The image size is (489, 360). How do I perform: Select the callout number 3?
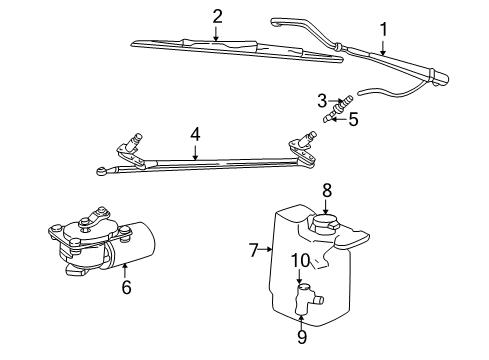point(323,99)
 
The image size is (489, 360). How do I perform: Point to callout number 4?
point(196,132)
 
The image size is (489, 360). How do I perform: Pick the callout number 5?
point(353,120)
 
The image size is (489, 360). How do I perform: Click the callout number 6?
point(126,286)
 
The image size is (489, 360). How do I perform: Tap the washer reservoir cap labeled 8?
point(326,221)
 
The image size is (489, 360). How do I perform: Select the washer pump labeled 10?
point(304,296)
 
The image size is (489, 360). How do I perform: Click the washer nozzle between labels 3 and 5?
point(337,110)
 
